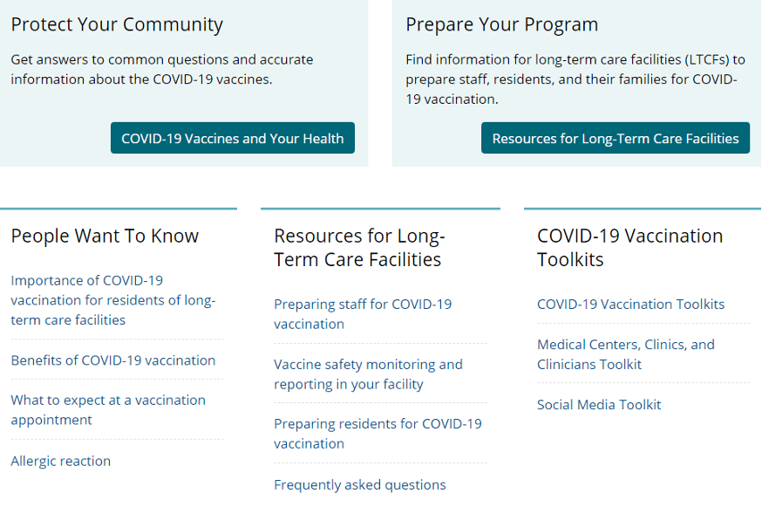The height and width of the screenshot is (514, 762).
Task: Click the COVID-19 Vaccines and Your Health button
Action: click(x=232, y=138)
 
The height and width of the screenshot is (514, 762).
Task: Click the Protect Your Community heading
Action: click(x=117, y=24)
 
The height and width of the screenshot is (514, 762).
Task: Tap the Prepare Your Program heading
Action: click(x=501, y=24)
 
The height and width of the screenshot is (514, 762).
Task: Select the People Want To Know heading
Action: click(x=105, y=236)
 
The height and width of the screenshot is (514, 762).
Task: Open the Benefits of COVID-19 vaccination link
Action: click(x=112, y=360)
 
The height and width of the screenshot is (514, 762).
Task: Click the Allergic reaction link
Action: click(x=61, y=461)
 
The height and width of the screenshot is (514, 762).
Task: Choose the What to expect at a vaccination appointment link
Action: click(x=108, y=410)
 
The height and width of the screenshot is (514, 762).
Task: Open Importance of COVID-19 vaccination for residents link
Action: click(x=112, y=300)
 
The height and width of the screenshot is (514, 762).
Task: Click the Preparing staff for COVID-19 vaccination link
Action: click(x=363, y=314)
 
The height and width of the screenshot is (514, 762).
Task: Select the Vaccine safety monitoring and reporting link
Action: click(x=368, y=374)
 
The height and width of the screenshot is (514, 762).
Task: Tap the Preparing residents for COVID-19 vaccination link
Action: click(x=378, y=434)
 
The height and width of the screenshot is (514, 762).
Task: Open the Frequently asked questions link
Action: click(x=359, y=485)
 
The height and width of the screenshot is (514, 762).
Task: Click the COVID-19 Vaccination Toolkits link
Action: click(x=631, y=305)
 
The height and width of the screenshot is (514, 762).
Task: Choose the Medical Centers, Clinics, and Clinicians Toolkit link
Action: click(x=625, y=354)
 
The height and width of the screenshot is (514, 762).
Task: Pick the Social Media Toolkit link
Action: click(x=599, y=405)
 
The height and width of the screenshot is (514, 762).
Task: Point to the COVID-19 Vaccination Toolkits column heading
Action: click(x=629, y=248)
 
